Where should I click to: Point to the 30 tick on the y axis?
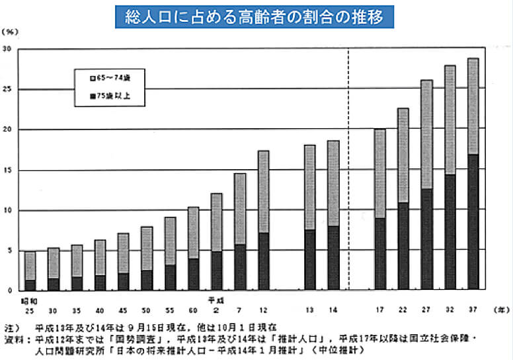click(7, 49)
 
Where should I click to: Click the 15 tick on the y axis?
click(7, 170)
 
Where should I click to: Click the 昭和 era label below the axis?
click(26, 299)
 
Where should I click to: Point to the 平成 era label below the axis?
click(216, 299)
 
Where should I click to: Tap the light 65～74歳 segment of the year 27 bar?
click(426, 135)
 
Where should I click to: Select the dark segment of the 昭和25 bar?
click(30, 285)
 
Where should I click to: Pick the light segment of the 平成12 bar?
click(263, 192)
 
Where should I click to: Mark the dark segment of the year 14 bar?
click(333, 258)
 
